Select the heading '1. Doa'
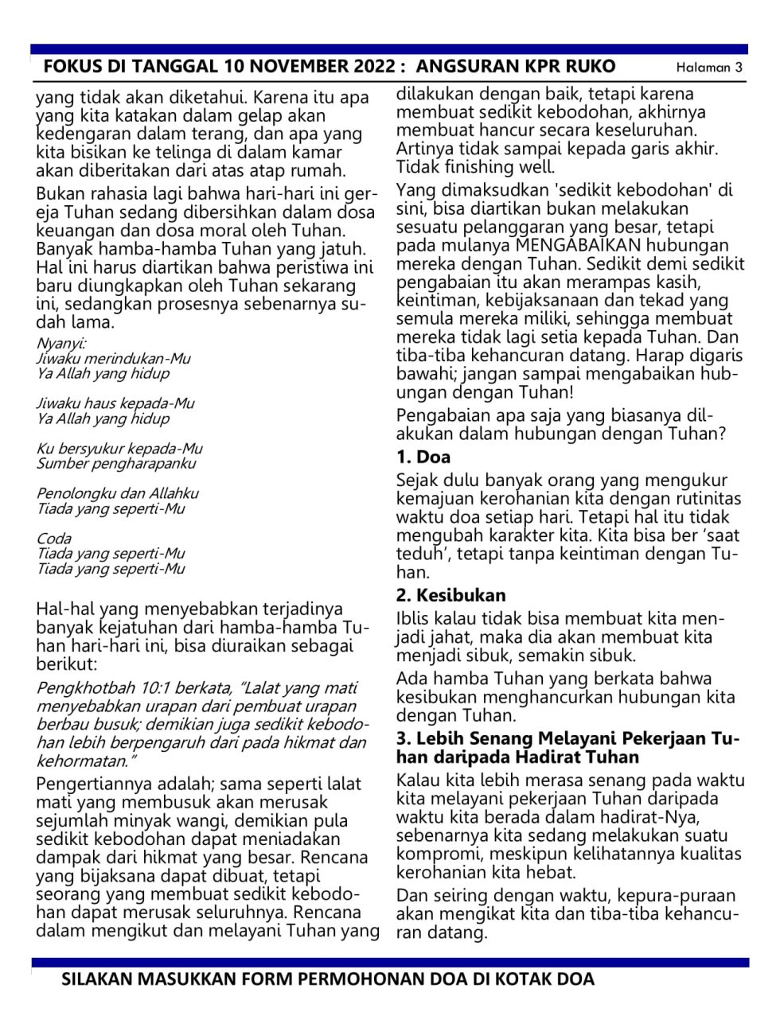(423, 457)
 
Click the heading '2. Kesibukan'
(450, 595)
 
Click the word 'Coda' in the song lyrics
(53, 539)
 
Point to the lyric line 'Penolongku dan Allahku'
(118, 493)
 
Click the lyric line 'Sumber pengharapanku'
(116, 464)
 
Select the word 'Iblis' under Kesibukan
(414, 619)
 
